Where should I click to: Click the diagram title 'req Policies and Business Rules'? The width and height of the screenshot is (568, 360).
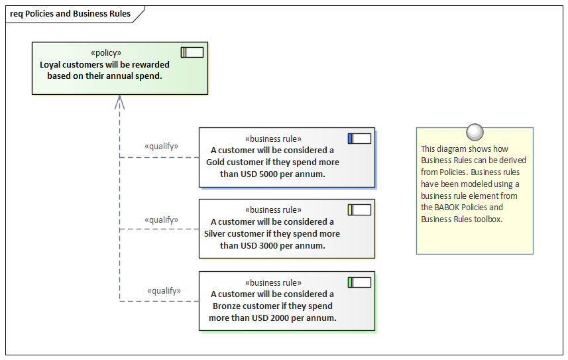pos(70,14)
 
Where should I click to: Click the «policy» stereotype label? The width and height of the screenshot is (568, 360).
pos(105,53)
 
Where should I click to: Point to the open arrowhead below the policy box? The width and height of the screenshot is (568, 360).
pos(119,101)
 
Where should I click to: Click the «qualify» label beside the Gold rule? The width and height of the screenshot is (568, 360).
pos(161,147)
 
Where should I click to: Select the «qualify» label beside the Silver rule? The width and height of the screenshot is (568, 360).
pos(161,219)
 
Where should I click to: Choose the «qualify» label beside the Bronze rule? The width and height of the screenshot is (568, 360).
pos(164,290)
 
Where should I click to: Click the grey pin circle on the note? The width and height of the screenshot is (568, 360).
pos(475,132)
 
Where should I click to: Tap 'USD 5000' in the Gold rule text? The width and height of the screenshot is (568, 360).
pos(258,174)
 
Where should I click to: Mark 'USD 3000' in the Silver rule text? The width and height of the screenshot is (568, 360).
pos(258,246)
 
